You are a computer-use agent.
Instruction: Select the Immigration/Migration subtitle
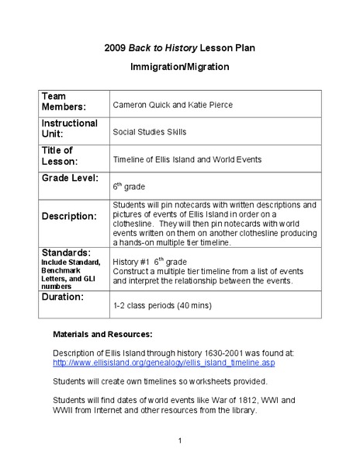(x=179, y=67)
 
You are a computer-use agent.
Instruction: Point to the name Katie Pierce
(x=209, y=105)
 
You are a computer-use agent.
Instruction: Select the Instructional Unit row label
(x=69, y=129)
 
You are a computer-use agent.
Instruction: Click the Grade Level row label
(x=70, y=179)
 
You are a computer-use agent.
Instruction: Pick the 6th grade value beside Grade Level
(x=129, y=186)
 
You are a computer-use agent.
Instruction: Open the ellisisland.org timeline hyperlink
(x=163, y=363)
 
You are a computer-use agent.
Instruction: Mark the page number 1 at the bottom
(x=179, y=441)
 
